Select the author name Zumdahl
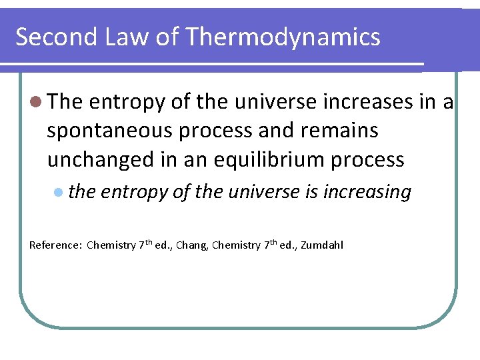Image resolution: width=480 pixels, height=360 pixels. tap(323, 245)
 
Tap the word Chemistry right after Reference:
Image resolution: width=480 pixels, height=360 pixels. tap(111, 245)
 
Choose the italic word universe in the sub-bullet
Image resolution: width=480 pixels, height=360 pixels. tap(261, 192)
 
